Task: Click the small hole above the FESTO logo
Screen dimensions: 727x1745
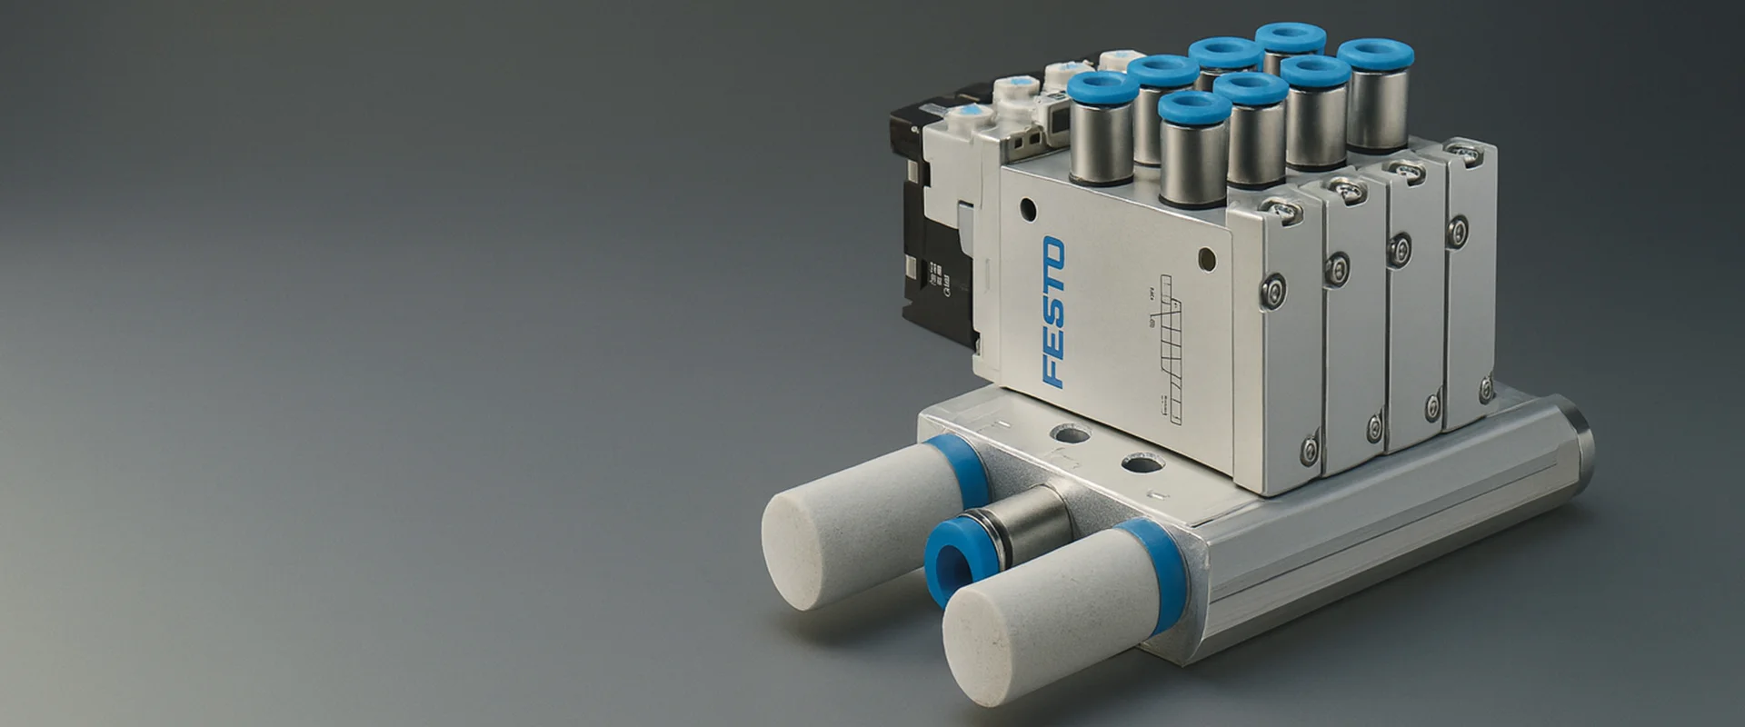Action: pyautogui.click(x=1027, y=207)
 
